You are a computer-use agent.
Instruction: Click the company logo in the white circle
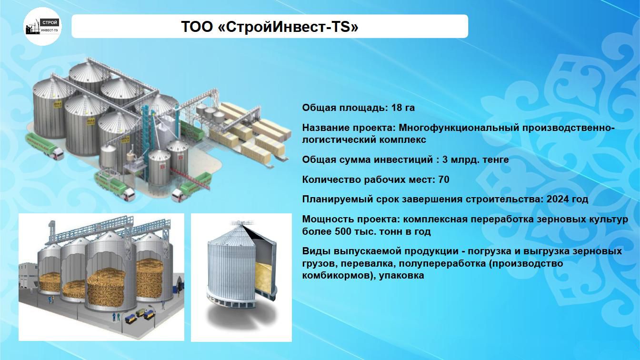pos(42,27)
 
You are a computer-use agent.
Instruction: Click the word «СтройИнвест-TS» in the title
pos(288,27)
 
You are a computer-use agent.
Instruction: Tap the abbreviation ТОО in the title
pos(197,27)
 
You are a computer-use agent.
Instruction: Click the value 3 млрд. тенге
pos(475,160)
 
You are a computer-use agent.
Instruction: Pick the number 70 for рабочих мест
pos(444,180)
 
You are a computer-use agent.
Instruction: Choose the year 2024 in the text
pos(557,199)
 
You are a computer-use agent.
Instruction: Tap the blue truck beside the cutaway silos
pos(149,314)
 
